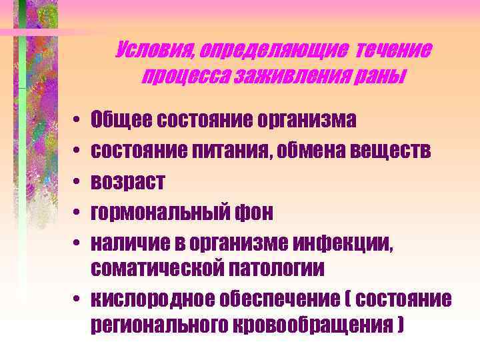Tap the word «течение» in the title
coord(393,51)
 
